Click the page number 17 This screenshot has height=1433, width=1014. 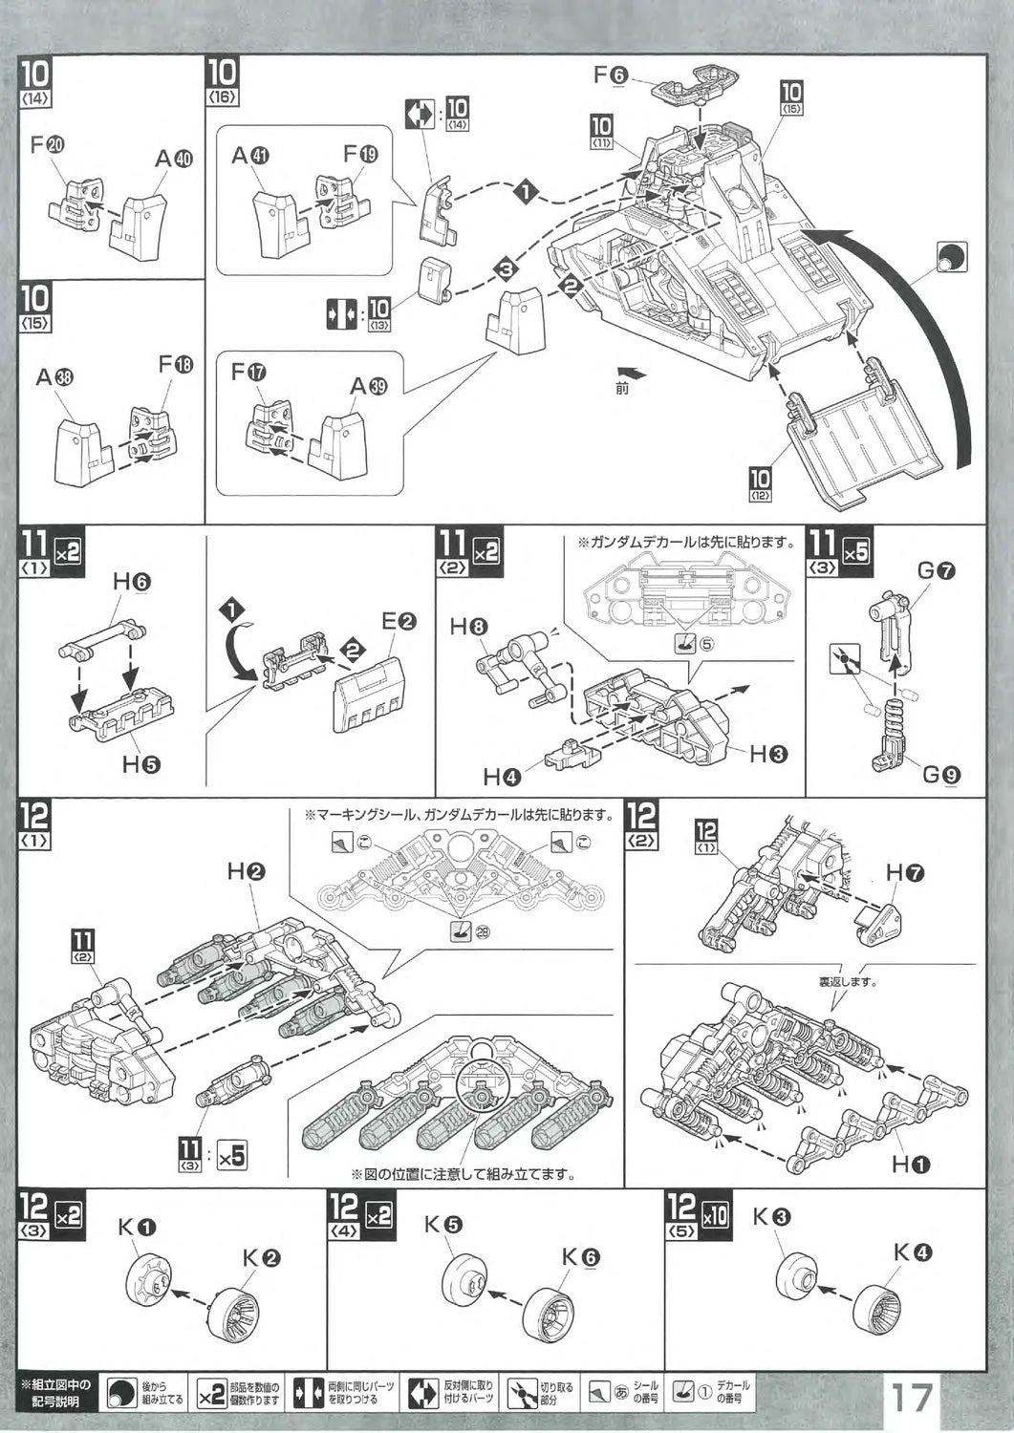click(912, 1399)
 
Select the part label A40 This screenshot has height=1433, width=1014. click(174, 160)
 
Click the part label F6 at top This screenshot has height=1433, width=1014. click(610, 75)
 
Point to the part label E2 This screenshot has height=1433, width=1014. click(399, 621)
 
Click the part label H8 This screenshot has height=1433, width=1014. click(469, 628)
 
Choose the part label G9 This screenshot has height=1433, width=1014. click(940, 775)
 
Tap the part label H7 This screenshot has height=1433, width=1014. click(904, 872)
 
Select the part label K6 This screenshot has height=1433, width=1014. click(580, 1258)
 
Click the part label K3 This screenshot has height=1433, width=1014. click(771, 1217)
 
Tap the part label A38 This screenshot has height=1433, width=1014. click(54, 377)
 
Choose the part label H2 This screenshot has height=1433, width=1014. click(246, 871)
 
